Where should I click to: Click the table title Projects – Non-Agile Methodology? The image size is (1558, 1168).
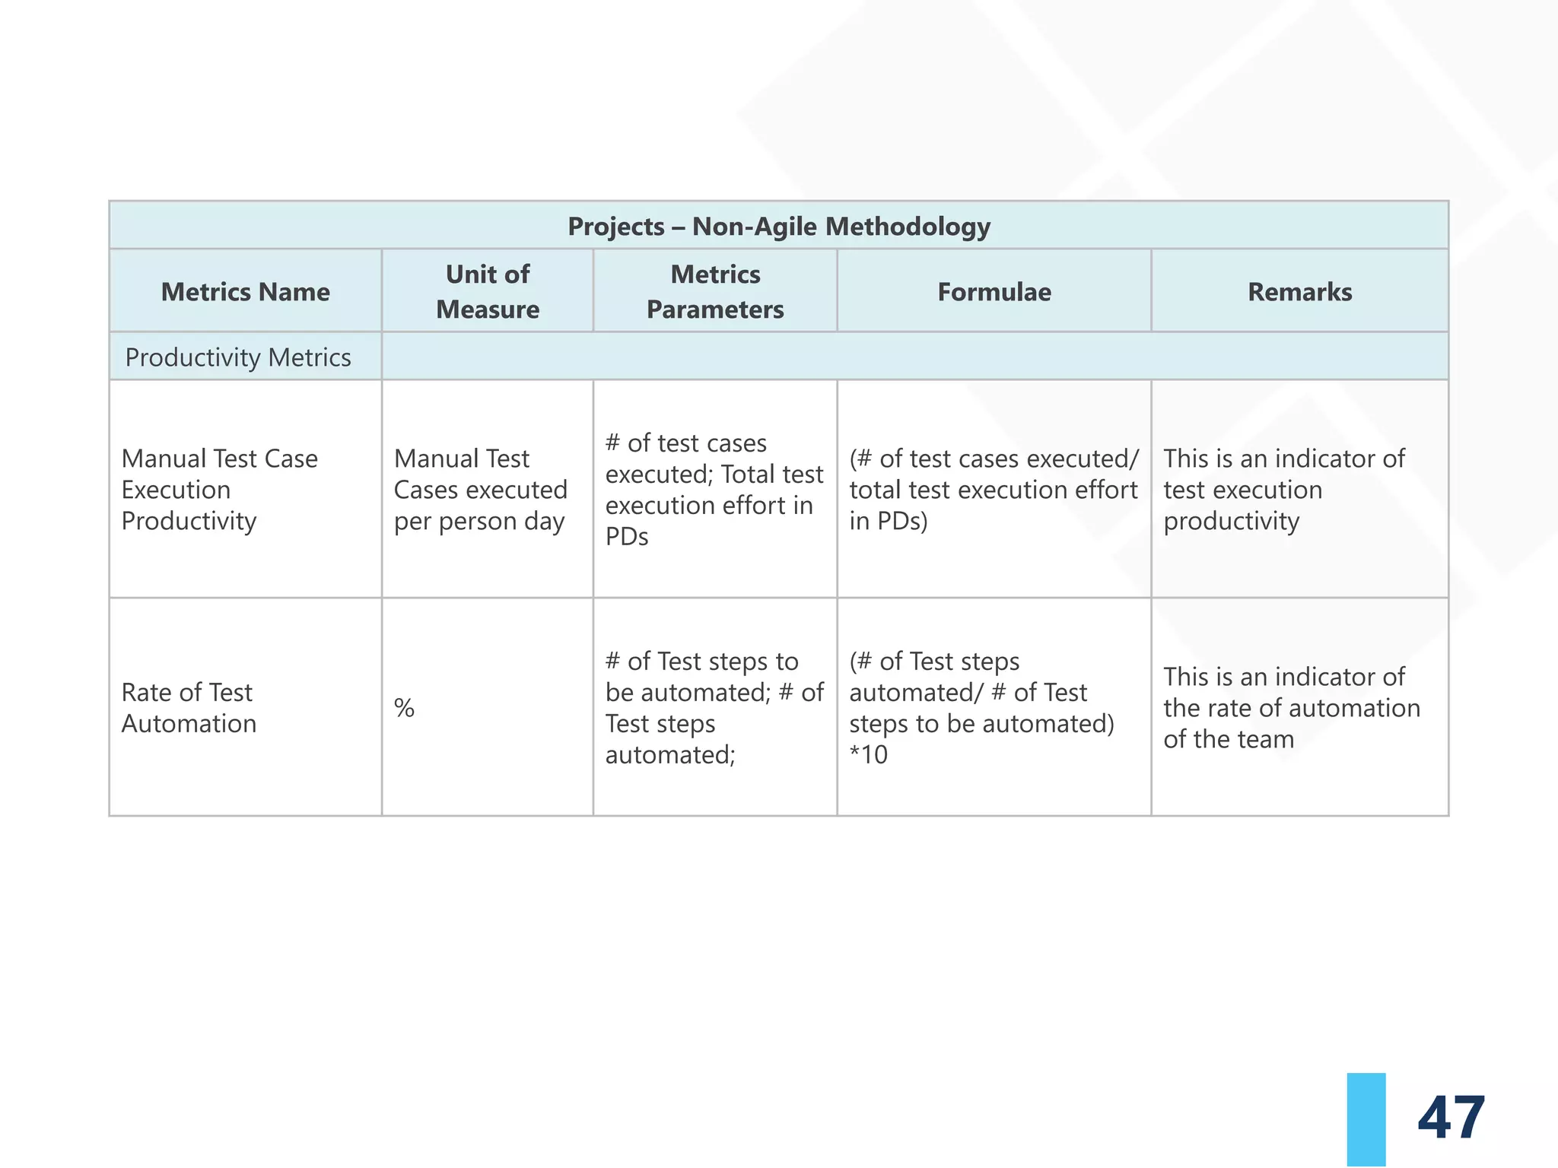[778, 227]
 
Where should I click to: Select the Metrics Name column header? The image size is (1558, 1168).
[245, 292]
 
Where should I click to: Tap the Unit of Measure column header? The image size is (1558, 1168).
[488, 292]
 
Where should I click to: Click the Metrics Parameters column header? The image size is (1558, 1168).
[715, 292]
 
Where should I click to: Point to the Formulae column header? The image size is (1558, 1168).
[994, 292]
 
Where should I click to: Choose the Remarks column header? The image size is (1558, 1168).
[1299, 292]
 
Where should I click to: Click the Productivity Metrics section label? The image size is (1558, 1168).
[237, 357]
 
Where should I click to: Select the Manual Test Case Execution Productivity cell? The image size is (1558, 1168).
[219, 490]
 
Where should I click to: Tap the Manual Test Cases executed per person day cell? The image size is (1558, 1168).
[480, 490]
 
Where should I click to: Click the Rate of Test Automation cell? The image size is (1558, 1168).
[189, 708]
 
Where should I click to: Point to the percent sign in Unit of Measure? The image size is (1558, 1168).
[404, 709]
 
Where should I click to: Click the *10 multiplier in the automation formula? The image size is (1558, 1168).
[869, 755]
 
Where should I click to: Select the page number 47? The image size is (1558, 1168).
[1451, 1118]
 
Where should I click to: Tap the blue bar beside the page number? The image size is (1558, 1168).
[1366, 1119]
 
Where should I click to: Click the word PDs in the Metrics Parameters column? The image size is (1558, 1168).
[627, 537]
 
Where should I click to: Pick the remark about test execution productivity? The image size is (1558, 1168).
[1284, 490]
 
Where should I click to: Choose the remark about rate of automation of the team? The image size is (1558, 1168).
[1291, 708]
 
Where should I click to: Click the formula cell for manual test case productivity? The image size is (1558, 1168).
[994, 490]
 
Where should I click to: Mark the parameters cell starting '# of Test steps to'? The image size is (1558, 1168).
[714, 708]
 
